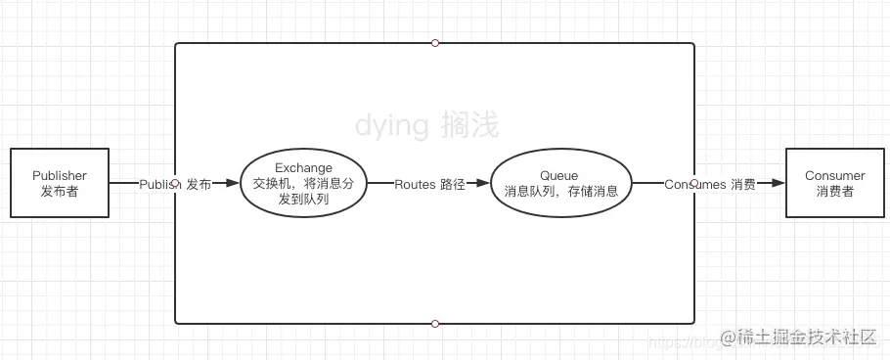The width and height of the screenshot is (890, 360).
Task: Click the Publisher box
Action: pos(59,183)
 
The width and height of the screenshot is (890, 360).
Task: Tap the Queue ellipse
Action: pos(560,183)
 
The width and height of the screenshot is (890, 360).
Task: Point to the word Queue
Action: pos(559,175)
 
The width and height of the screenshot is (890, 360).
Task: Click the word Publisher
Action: pos(59,175)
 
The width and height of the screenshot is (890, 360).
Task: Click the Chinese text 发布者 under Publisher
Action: pos(59,192)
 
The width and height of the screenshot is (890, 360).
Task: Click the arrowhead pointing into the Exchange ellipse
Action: pos(233,183)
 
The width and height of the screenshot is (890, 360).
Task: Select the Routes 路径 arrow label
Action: pos(429,183)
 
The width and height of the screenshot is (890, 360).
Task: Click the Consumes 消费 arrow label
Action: pos(709,183)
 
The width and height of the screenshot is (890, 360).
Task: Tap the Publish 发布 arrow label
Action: pos(174,183)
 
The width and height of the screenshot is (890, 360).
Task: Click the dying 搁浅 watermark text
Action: pos(426,125)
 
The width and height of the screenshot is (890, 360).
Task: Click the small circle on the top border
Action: pos(435,42)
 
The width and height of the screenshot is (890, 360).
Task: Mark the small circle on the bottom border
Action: pos(435,323)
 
